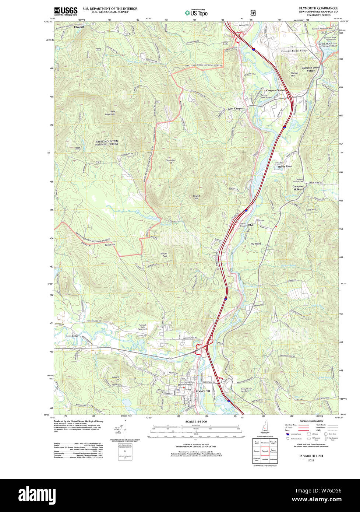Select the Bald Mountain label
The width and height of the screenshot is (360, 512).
click(110, 113)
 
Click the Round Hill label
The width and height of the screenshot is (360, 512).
click(196, 197)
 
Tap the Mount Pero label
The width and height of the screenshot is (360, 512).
click(164, 255)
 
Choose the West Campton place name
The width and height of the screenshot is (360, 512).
click(236, 109)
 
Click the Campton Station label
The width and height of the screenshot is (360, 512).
click(275, 90)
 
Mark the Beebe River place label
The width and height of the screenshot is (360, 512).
click(285, 166)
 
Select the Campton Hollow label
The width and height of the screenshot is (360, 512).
click(298, 188)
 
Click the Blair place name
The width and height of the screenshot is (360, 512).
click(251, 225)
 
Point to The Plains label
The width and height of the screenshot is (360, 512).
click(255, 244)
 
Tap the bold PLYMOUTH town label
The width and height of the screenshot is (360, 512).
click(202, 391)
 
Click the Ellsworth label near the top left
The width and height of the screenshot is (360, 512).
click(79, 27)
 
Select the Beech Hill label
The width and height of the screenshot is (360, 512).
click(110, 245)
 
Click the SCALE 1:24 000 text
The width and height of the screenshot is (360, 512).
click(196, 422)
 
